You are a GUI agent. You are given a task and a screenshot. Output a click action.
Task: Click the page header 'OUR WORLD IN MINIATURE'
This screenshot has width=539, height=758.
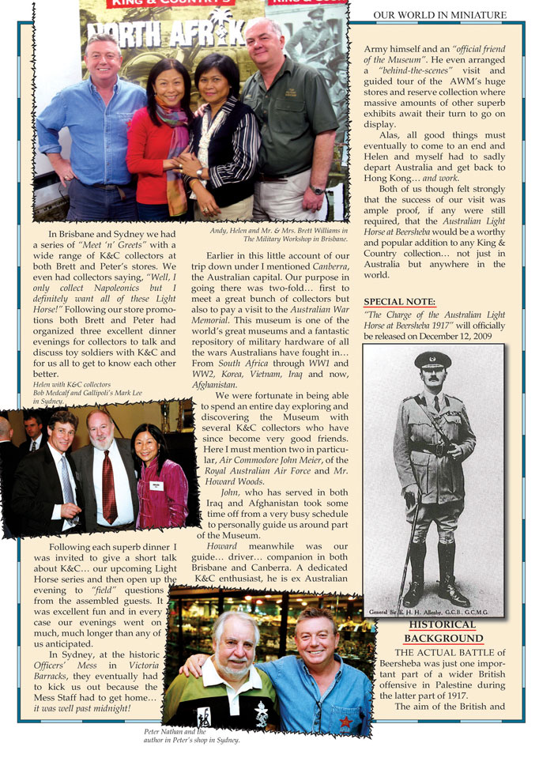tap(439, 14)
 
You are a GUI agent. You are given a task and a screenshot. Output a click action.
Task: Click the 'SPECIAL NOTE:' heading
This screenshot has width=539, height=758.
tap(399, 302)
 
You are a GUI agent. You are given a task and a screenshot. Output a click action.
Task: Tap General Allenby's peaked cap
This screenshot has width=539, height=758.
tap(432, 360)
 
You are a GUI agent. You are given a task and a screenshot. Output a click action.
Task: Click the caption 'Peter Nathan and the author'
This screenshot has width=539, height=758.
tap(191, 736)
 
